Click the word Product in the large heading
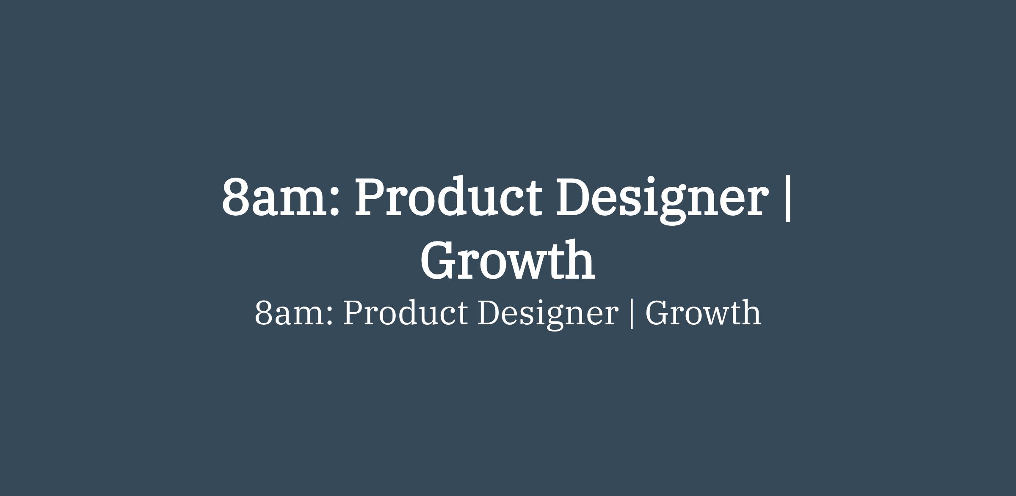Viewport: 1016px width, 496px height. [x=448, y=197]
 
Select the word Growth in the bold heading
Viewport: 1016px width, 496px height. [x=508, y=260]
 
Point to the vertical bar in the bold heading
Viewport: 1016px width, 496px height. [x=787, y=199]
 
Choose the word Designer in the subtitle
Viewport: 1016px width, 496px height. [x=548, y=315]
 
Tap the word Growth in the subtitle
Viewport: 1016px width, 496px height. [x=703, y=312]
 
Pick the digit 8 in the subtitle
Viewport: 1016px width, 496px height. [x=263, y=313]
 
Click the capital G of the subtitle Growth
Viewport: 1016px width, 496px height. [x=657, y=313]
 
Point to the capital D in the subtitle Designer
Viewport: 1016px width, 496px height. [x=491, y=313]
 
